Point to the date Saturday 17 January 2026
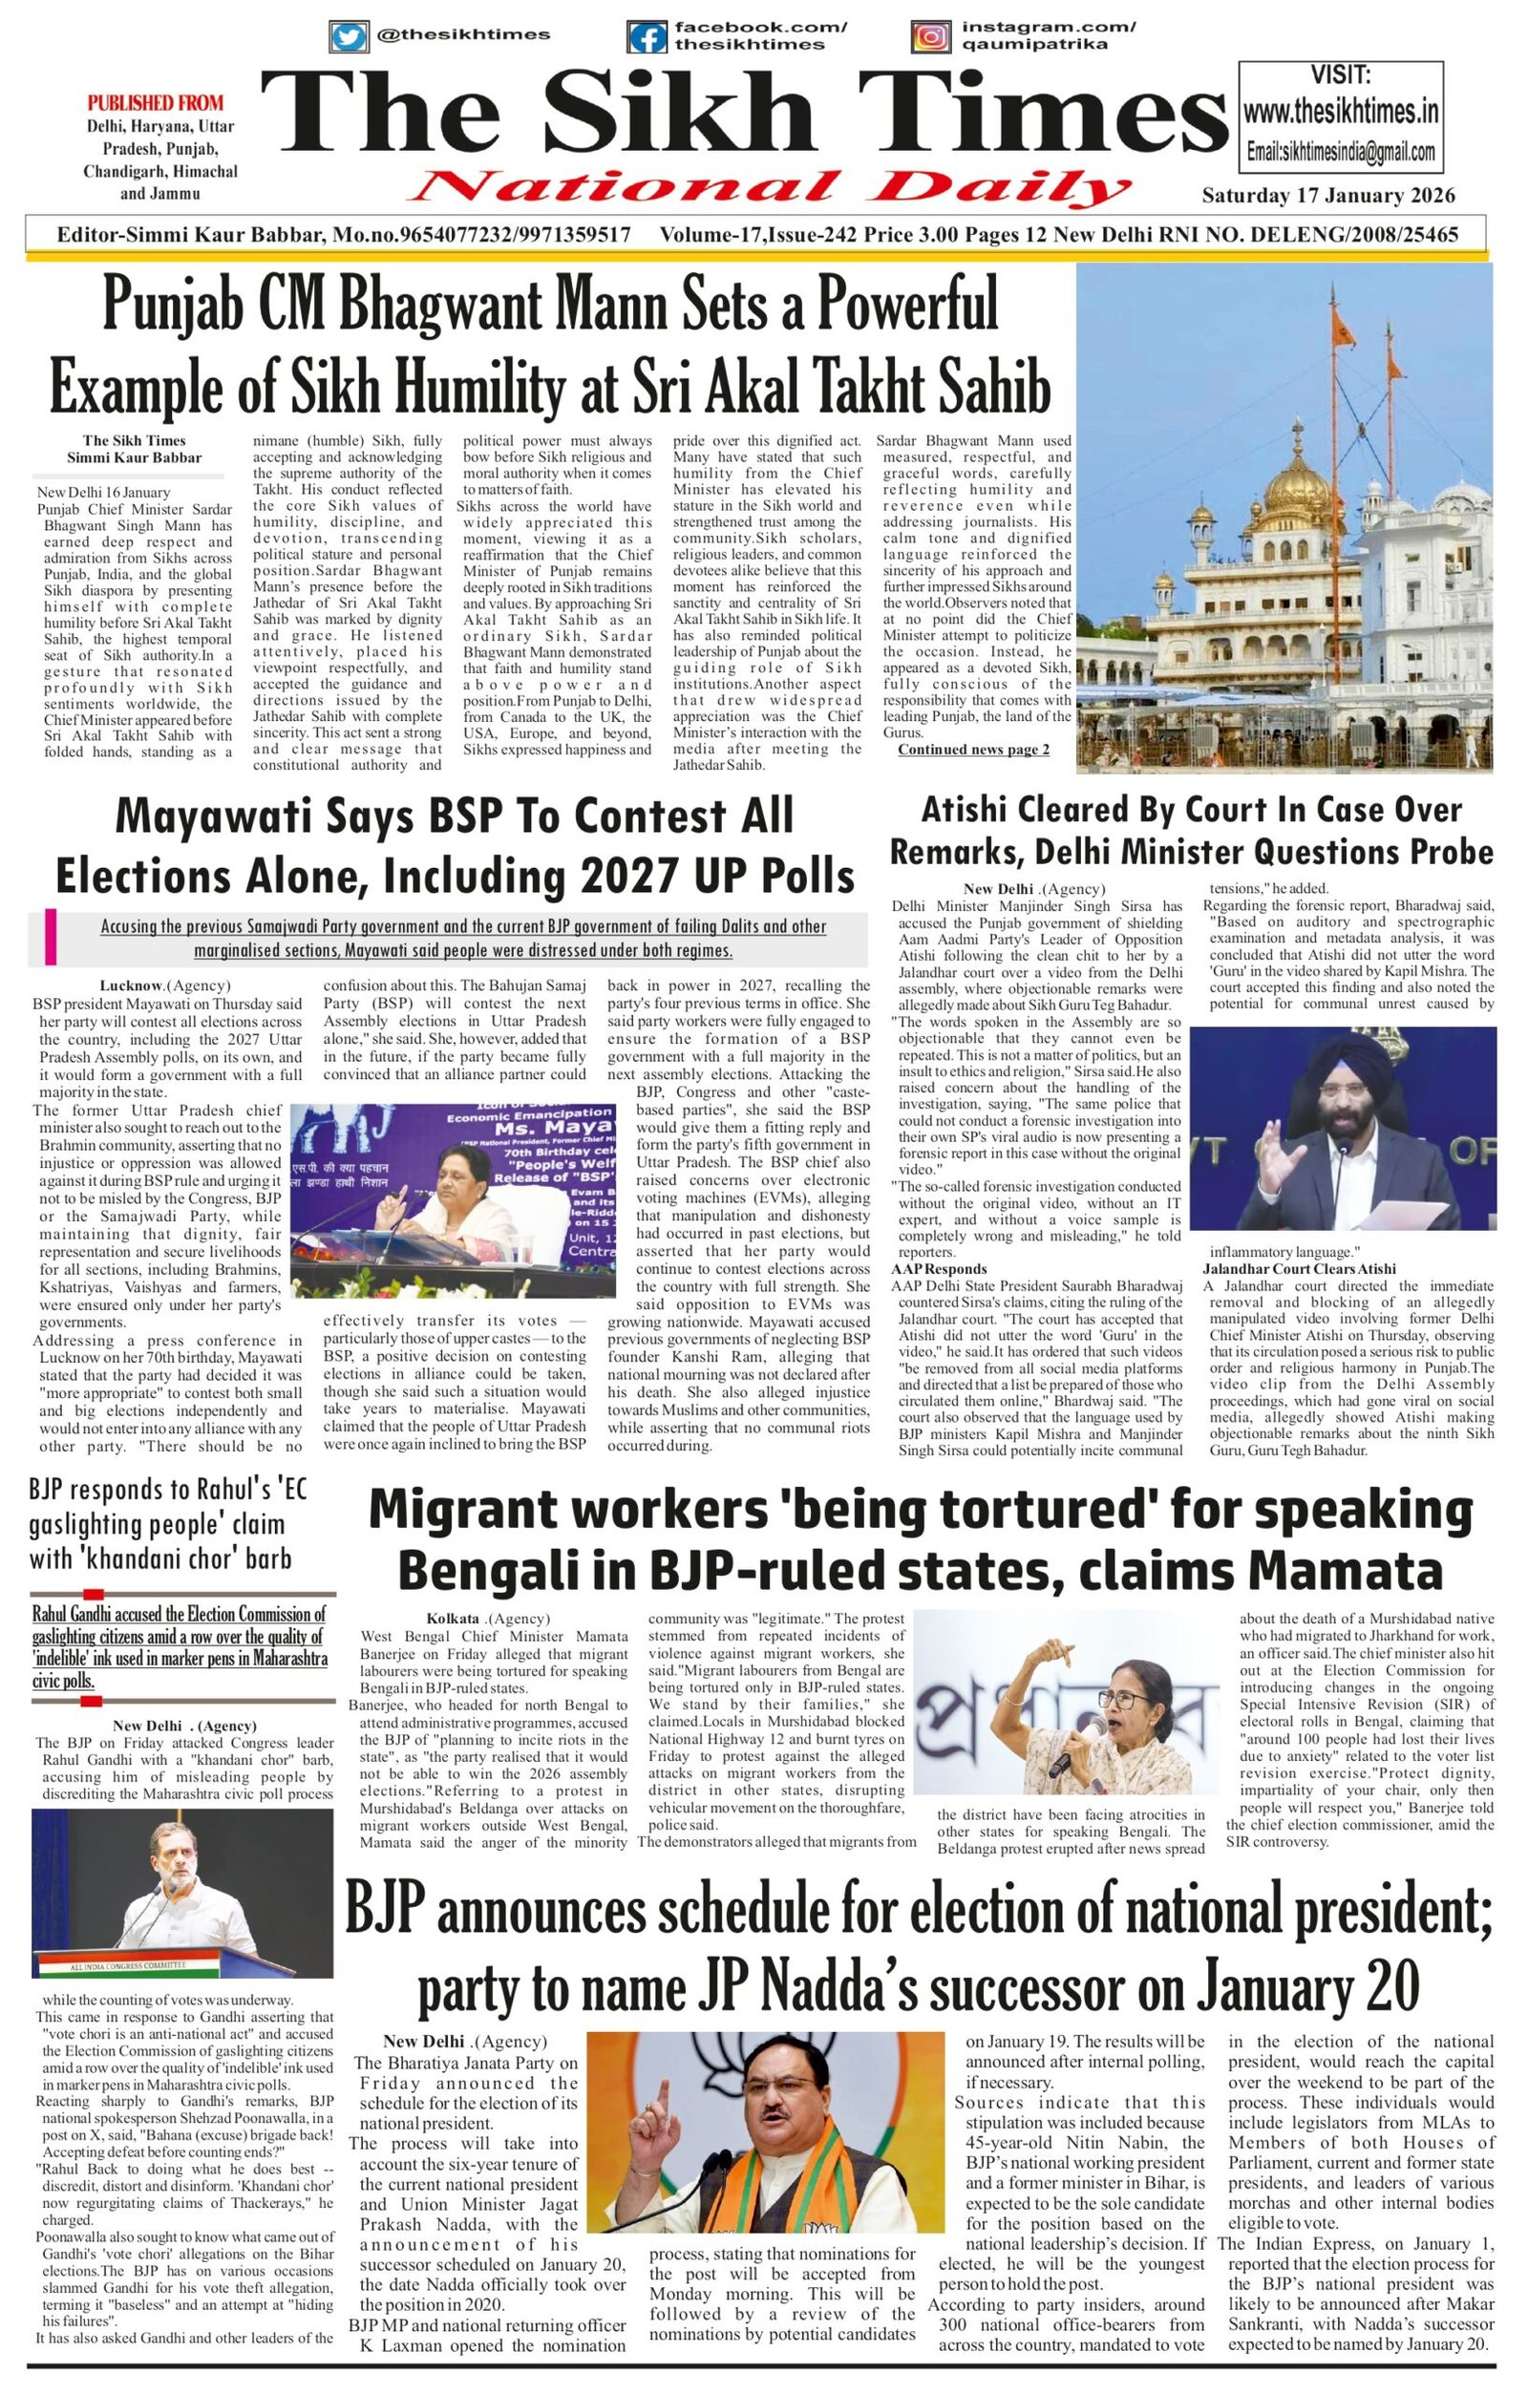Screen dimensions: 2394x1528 1328,196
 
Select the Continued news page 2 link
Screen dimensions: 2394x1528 973,750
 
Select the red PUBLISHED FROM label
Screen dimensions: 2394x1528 155,102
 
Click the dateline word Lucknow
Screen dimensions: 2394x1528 131,986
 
